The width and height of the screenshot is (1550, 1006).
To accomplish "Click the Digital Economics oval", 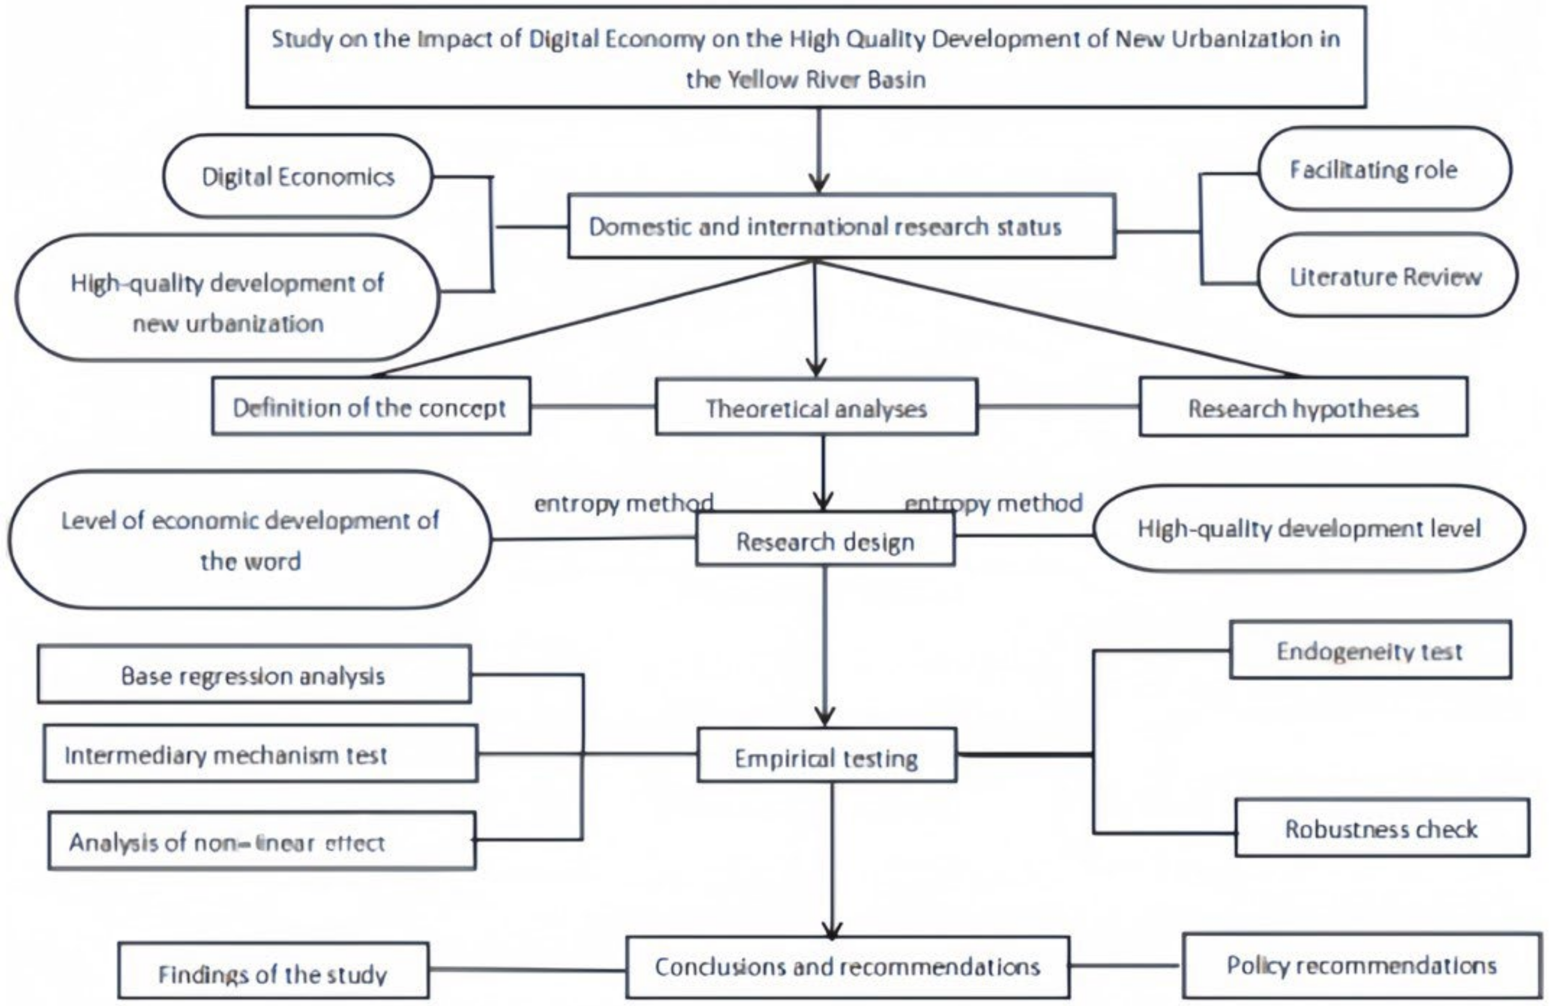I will (298, 176).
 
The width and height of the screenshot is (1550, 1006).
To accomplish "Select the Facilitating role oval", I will (1384, 169).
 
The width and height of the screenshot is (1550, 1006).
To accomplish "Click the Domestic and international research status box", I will (841, 227).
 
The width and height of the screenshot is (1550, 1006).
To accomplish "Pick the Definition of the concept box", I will (370, 407).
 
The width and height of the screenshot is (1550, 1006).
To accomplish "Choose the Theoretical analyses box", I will (816, 408).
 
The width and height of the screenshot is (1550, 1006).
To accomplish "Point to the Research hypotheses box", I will (1303, 408).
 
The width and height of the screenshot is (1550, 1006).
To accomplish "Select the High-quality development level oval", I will (1309, 528).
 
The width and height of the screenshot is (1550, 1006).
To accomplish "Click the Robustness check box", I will (1381, 828).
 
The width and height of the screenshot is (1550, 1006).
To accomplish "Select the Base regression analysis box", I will (254, 675).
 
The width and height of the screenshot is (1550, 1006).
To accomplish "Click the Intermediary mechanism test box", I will (260, 754).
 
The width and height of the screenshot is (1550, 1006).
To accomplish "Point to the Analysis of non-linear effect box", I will (261, 841).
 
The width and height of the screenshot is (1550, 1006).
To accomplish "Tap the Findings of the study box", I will (273, 972).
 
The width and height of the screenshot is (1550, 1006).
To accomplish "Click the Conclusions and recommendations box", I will (847, 967).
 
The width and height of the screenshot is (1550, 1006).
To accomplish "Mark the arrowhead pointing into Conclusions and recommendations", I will (832, 930).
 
